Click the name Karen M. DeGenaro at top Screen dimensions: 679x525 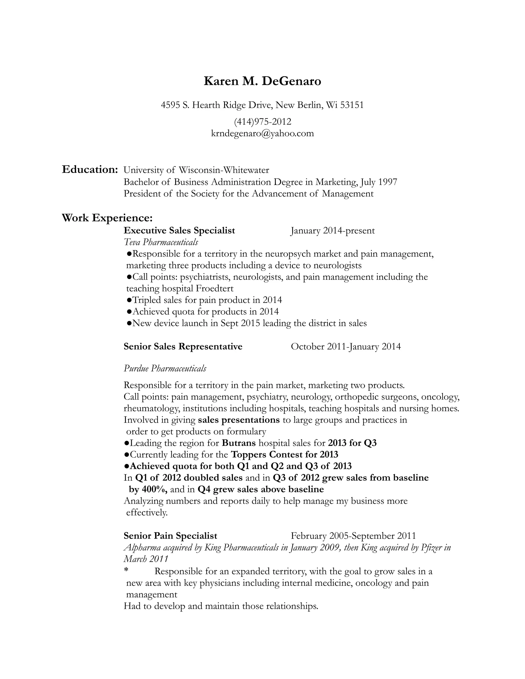click(x=262, y=81)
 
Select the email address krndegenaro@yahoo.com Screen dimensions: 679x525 click(x=262, y=133)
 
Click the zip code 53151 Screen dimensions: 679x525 click(x=352, y=105)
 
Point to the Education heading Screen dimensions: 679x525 click(x=89, y=170)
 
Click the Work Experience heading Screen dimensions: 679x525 click(x=107, y=218)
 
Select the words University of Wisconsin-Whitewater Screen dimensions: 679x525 click(x=196, y=170)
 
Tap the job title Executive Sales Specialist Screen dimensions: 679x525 click(x=179, y=230)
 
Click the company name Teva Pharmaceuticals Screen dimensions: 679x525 click(x=161, y=242)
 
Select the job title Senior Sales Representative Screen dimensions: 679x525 click(x=183, y=346)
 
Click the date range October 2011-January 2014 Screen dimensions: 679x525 click(x=346, y=346)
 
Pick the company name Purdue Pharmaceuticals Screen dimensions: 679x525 click(x=165, y=369)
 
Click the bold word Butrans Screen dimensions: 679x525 click(x=239, y=443)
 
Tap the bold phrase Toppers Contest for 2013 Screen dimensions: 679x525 click(x=284, y=455)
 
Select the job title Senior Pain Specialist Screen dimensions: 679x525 click(x=170, y=536)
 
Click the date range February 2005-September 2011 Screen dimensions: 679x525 click(x=353, y=536)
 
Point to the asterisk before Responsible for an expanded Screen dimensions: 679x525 click(x=126, y=571)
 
